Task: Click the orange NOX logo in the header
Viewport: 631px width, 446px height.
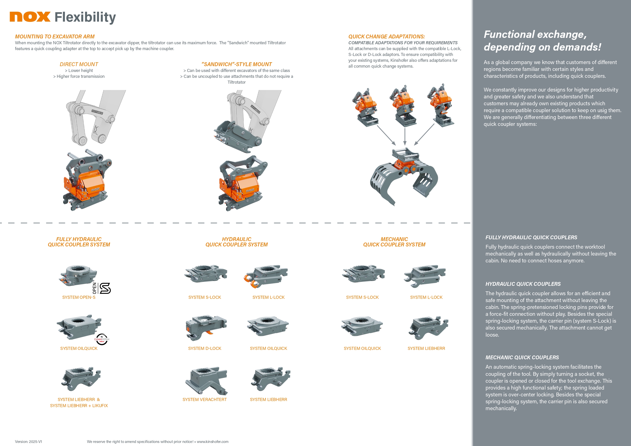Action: pos(30,17)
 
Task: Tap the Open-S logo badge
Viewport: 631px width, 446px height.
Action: pos(102,288)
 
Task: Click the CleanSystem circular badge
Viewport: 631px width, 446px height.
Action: pos(102,339)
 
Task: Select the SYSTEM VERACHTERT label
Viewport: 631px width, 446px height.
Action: pos(204,399)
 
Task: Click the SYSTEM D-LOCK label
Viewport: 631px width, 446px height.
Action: pos(204,348)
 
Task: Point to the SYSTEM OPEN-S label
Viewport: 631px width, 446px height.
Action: pos(79,297)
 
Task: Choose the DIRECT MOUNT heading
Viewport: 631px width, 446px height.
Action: pos(79,64)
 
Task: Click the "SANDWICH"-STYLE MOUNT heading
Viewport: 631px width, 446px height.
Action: pos(236,64)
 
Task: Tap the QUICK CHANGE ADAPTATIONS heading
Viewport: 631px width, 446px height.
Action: pos(386,37)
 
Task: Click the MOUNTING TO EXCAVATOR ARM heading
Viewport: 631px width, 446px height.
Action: pos(55,37)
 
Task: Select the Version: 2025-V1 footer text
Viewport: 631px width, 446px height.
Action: pos(28,442)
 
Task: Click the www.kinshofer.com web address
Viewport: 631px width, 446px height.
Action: pos(212,442)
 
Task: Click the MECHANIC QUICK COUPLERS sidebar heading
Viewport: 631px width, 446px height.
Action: pos(522,358)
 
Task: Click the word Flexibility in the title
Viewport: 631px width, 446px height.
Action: pos(85,17)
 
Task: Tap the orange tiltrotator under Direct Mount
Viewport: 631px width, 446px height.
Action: pos(86,181)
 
